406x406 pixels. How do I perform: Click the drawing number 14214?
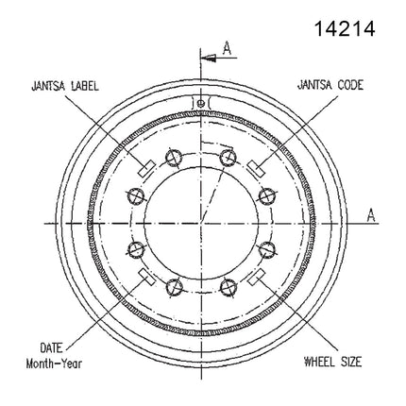coord(345,28)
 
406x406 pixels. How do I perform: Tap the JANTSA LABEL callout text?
coord(65,86)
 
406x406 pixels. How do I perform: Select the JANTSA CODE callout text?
coord(330,85)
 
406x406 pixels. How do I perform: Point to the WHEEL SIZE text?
coord(332,362)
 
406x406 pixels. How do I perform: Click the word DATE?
coord(51,347)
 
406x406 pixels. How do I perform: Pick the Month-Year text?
coord(54,364)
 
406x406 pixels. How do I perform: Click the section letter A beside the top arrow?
coord(227,48)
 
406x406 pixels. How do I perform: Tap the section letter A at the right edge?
coord(371,215)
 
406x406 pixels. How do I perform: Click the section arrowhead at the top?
coord(209,58)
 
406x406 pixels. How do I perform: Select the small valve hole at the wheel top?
coord(200,103)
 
